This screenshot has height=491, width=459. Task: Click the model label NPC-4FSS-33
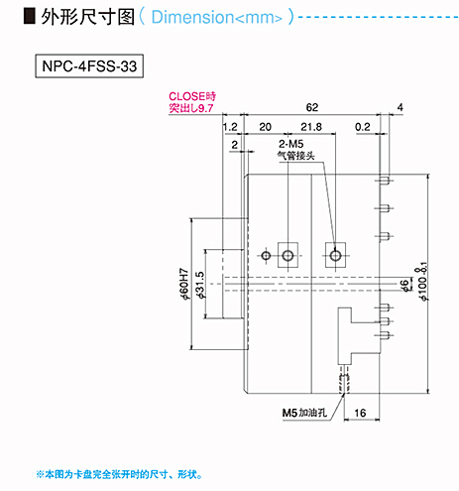click(x=89, y=66)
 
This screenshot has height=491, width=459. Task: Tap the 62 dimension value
click(x=312, y=107)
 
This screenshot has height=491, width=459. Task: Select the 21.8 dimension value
click(x=311, y=127)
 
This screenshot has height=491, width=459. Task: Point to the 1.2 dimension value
click(x=230, y=127)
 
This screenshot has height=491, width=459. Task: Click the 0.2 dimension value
click(x=363, y=127)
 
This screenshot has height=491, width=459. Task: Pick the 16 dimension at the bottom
click(x=360, y=413)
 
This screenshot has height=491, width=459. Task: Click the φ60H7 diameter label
click(x=184, y=284)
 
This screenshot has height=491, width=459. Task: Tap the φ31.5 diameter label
click(x=200, y=285)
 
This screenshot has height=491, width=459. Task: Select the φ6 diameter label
click(x=403, y=286)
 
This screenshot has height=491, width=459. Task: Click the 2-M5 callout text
click(x=290, y=144)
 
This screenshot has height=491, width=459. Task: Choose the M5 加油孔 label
click(x=304, y=413)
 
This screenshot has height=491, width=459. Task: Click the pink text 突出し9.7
click(x=191, y=108)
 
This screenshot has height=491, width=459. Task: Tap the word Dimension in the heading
click(x=192, y=17)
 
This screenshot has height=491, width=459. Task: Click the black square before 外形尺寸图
click(x=30, y=16)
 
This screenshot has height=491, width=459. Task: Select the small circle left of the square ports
click(x=266, y=256)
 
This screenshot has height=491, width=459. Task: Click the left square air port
click(x=287, y=255)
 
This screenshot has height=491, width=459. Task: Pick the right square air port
click(x=335, y=255)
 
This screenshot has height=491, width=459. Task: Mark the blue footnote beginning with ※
click(x=119, y=475)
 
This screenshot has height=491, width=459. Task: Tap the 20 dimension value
click(x=265, y=127)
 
